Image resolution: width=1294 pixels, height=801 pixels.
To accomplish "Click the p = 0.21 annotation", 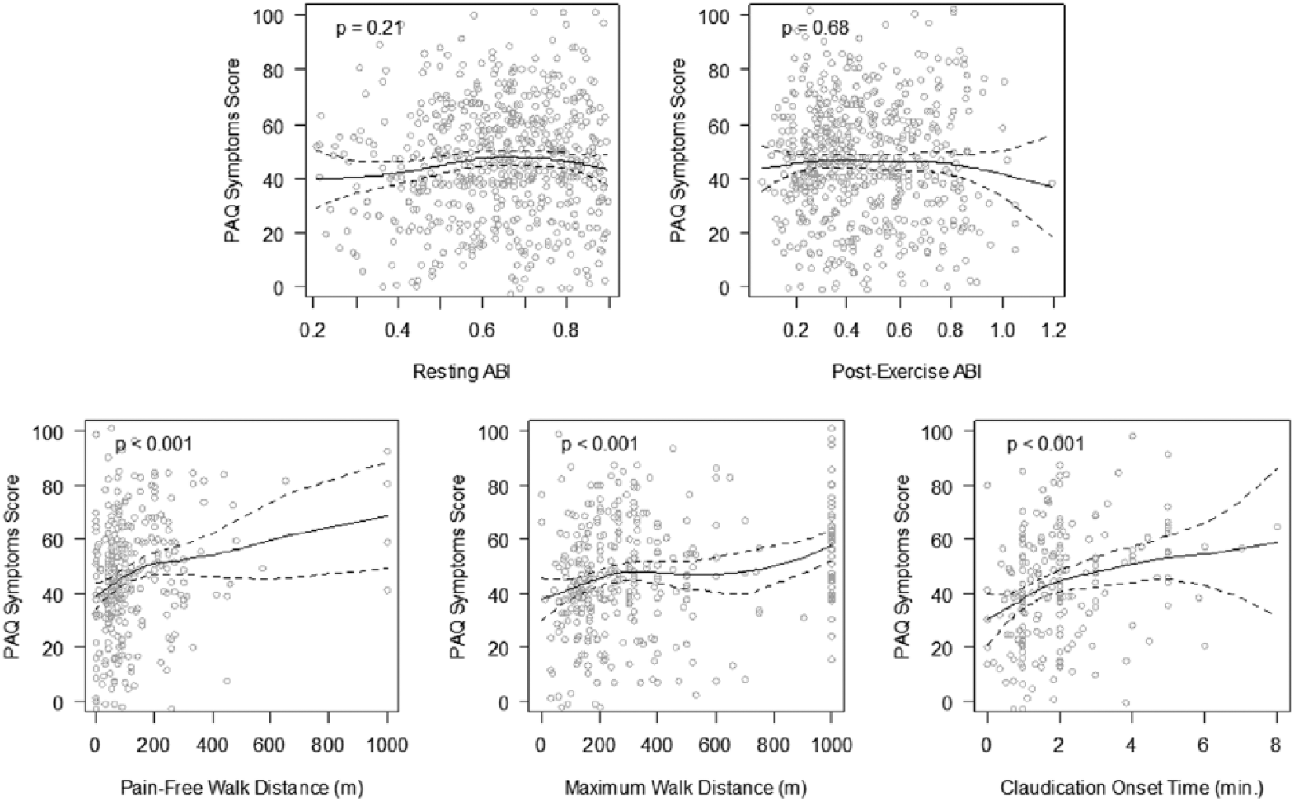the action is coord(369,28).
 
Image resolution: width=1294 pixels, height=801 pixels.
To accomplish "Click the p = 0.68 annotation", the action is coord(815,28).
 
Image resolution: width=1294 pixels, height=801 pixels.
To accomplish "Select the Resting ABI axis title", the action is coord(461,373).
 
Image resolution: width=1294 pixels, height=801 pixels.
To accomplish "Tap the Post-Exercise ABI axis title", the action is coord(906,373).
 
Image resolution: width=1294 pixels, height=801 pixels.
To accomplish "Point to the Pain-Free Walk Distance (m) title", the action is coord(242,788).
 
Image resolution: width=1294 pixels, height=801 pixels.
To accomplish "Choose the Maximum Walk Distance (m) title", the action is coord(686,788).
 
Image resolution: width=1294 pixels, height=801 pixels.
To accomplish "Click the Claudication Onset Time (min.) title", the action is coord(1132,788).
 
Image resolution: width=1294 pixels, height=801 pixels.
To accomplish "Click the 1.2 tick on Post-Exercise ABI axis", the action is coord(1052,330).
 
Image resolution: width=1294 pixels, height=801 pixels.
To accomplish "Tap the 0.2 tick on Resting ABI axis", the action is coord(312,330).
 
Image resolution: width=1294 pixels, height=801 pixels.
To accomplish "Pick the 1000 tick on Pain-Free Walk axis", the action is coord(387,745).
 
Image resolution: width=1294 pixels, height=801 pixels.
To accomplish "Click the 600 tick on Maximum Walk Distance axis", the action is coord(715,745).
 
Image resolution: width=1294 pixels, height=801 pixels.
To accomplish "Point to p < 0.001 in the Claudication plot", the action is coord(1046,444).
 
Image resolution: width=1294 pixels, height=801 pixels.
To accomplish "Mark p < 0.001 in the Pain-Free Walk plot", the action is coord(155,444).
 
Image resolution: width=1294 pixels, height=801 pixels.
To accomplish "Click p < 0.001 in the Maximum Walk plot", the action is coord(600,444).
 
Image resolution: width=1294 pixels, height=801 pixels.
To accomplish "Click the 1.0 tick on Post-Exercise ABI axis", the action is coord(1003,330).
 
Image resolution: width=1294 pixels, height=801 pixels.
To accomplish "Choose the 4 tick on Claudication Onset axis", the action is coord(1131,745).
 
